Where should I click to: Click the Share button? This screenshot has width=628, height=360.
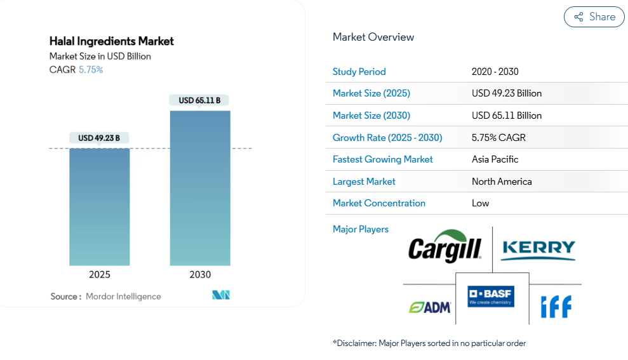click(594, 17)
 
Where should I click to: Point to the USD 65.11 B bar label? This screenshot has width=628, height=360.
click(199, 100)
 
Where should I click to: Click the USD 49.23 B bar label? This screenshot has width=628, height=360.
click(99, 138)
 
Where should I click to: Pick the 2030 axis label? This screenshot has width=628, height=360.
click(200, 275)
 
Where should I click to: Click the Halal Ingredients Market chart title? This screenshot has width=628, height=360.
click(112, 41)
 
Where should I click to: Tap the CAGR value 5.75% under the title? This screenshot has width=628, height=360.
click(91, 70)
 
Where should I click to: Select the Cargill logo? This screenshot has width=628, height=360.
click(444, 248)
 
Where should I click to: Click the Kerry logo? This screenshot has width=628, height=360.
click(538, 250)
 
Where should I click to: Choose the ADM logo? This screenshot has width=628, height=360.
click(430, 307)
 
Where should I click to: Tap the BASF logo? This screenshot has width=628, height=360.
click(491, 297)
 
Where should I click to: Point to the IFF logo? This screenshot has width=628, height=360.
click(556, 307)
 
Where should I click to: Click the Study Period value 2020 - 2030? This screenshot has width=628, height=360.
click(495, 72)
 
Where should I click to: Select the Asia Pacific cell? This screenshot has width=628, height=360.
click(495, 159)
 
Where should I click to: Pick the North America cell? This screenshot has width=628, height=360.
click(502, 182)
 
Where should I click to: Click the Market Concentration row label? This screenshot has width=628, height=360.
click(379, 203)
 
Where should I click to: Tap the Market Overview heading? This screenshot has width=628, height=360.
click(373, 37)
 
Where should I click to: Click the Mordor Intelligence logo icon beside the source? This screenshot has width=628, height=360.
click(221, 295)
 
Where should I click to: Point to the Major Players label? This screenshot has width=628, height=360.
click(361, 229)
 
